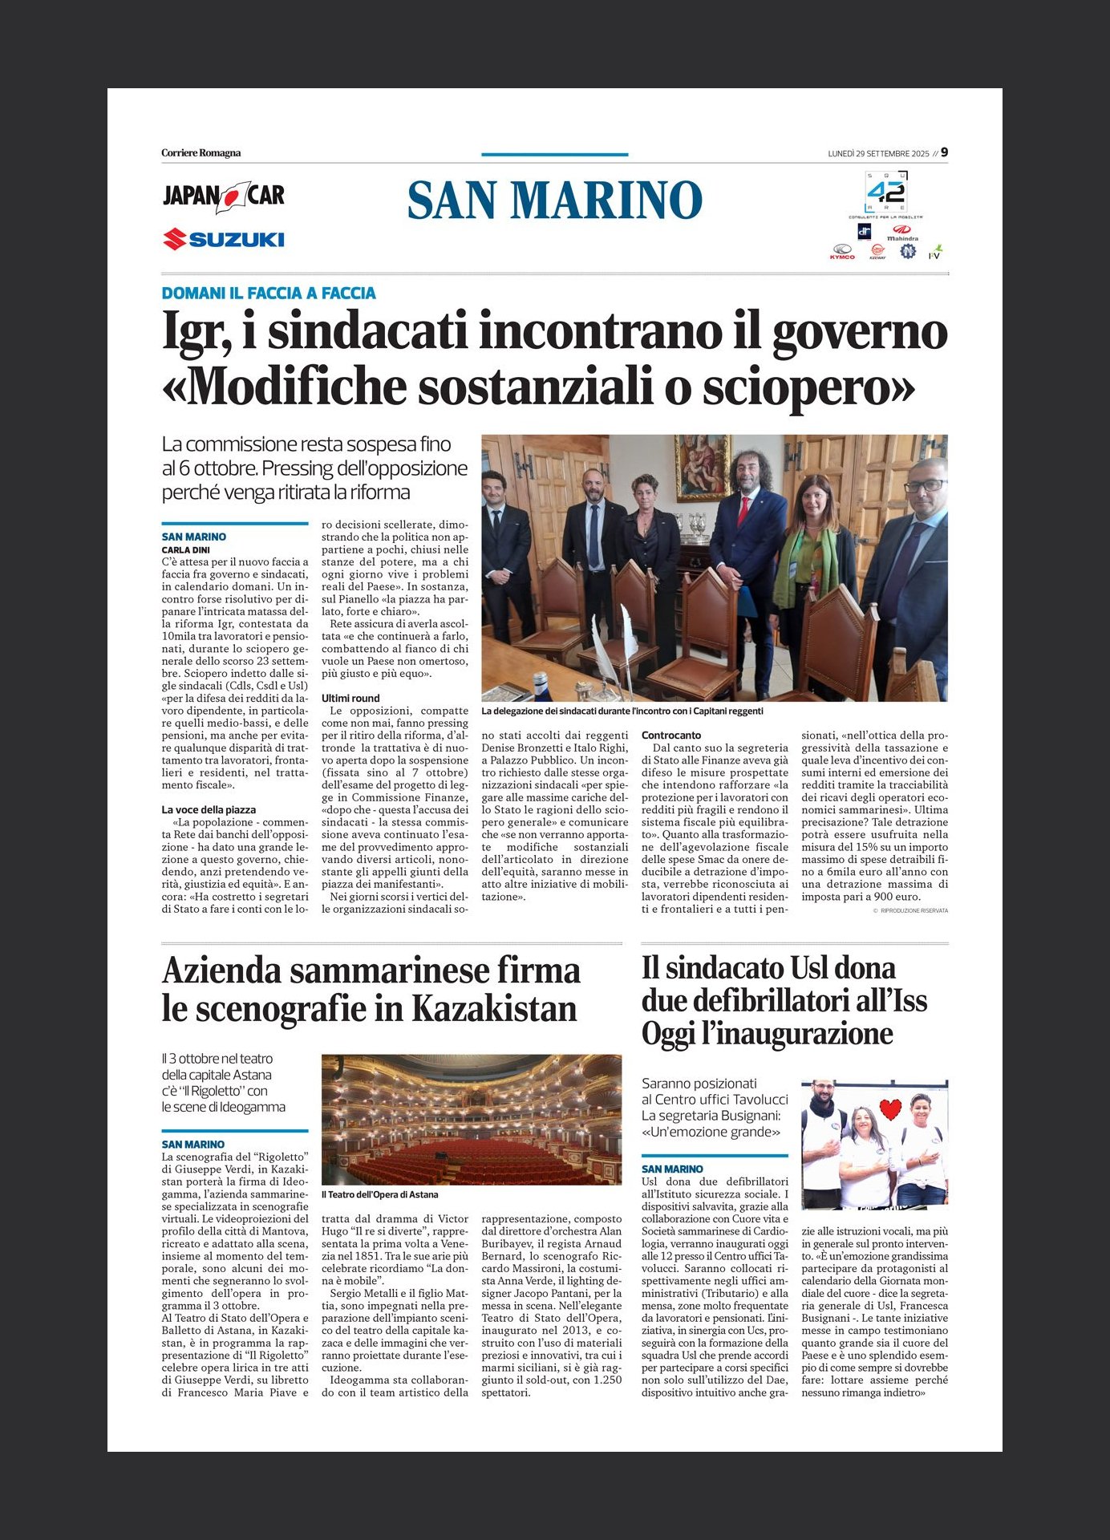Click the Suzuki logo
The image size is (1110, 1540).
[224, 239]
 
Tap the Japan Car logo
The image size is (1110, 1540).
[224, 197]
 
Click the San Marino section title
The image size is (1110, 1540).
[554, 201]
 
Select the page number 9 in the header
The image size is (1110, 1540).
[944, 152]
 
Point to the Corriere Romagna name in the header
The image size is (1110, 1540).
[201, 153]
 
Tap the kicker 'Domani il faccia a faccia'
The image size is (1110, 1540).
[269, 294]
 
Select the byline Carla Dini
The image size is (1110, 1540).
[186, 550]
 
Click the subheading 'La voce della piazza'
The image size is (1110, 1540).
[209, 810]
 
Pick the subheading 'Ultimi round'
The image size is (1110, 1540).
[350, 699]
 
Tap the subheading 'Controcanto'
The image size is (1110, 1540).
[671, 736]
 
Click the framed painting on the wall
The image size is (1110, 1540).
[702, 467]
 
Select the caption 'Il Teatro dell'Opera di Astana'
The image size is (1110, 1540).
[380, 1194]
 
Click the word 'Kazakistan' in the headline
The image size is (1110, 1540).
[495, 1009]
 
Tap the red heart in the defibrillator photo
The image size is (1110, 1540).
[890, 1110]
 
